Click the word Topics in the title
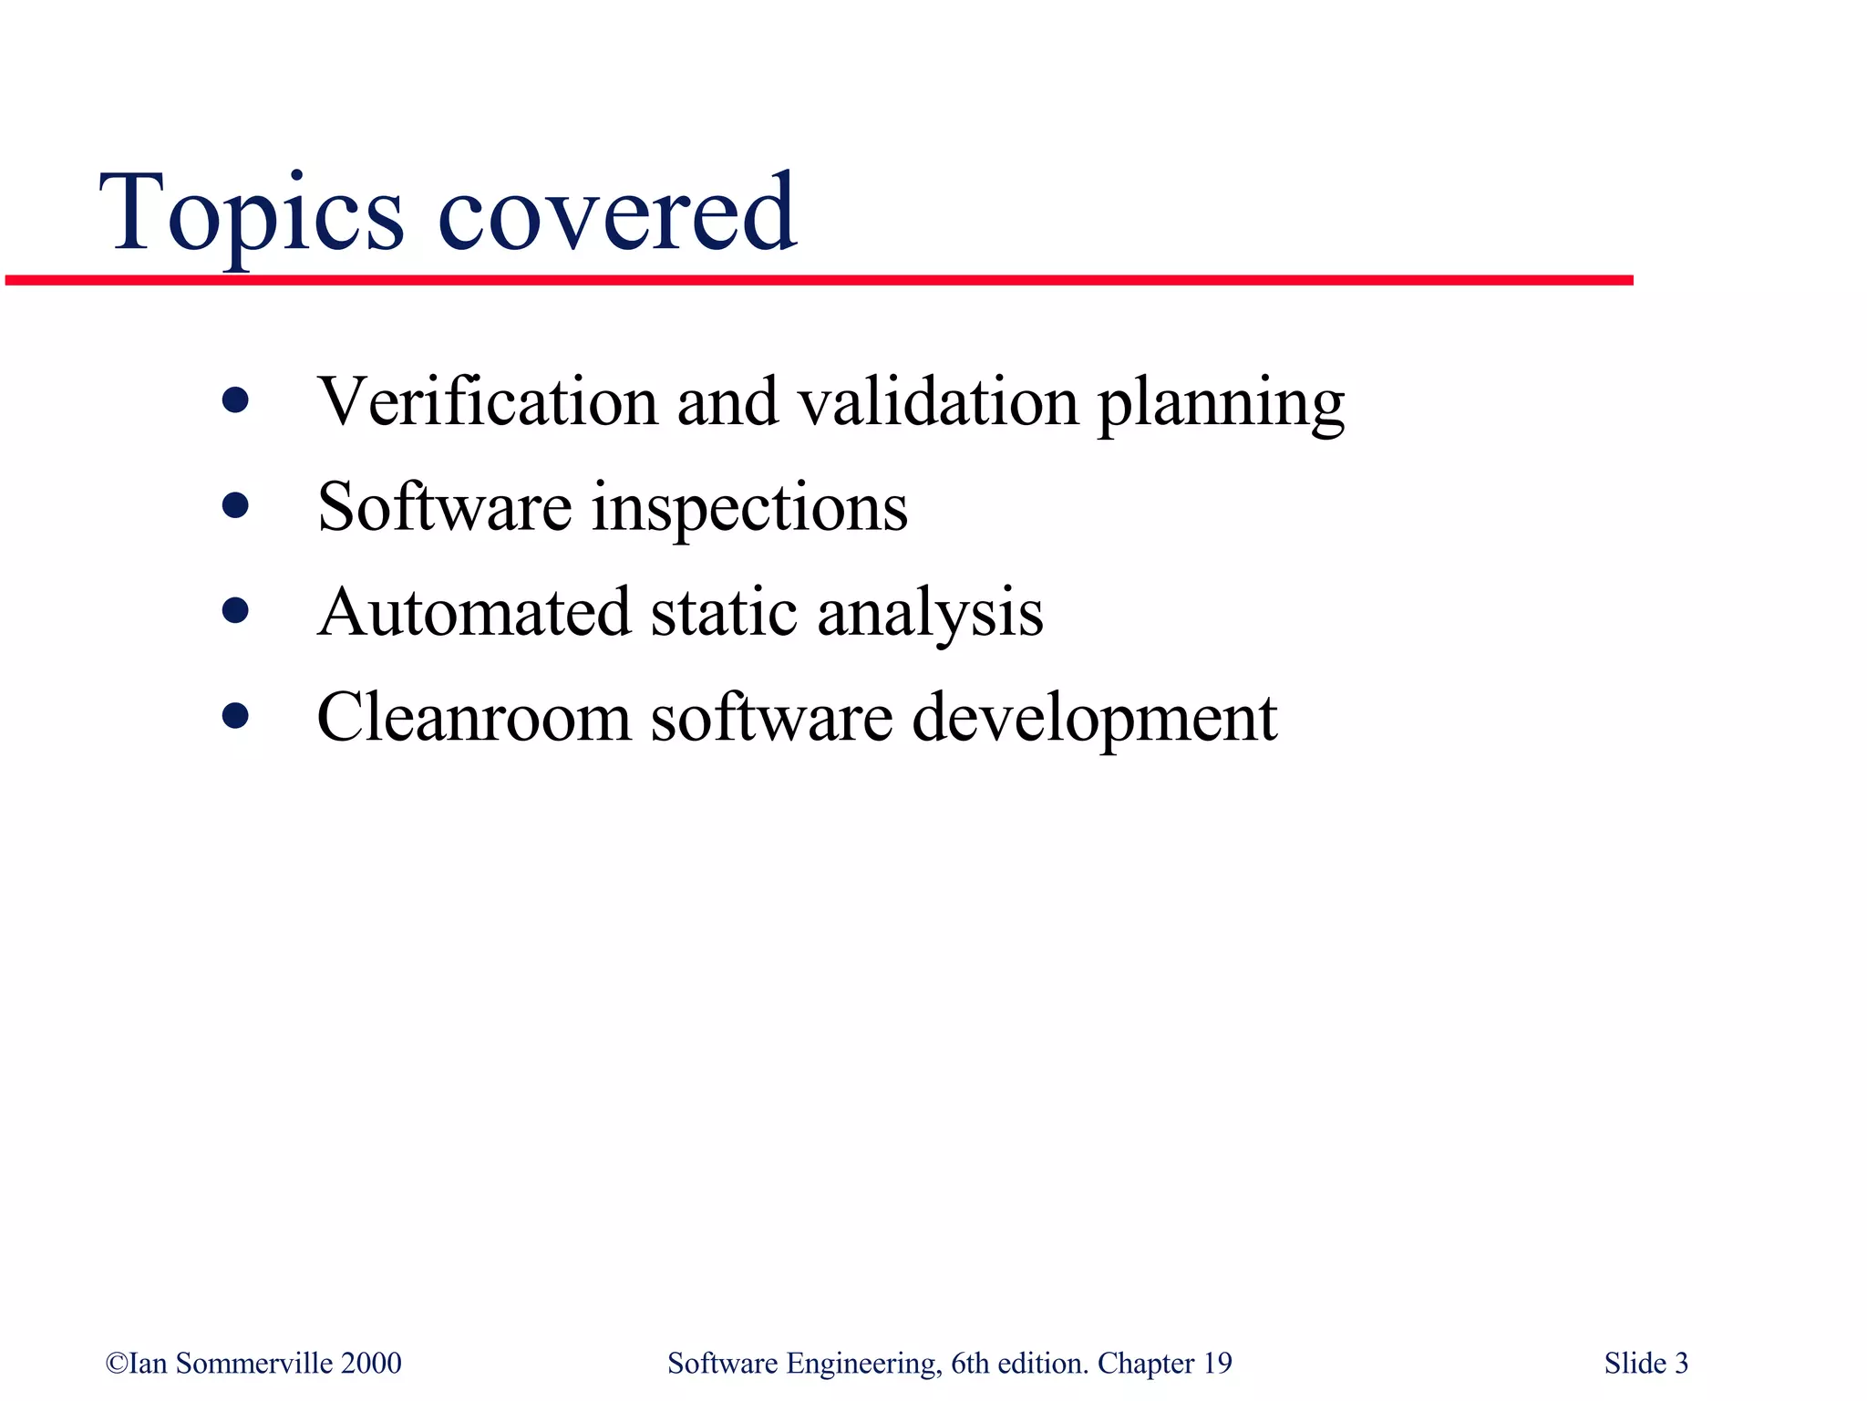pos(251,214)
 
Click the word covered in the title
pos(617,214)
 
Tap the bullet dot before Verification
pos(235,400)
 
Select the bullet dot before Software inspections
pos(235,505)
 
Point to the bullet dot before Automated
pos(235,610)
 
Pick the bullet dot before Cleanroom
pos(235,716)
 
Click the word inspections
pos(749,509)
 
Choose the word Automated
pos(474,612)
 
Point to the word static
pos(725,612)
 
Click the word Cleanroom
pos(474,718)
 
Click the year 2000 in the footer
pos(371,1363)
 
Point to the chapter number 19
pos(1217,1363)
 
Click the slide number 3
pos(1681,1363)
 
